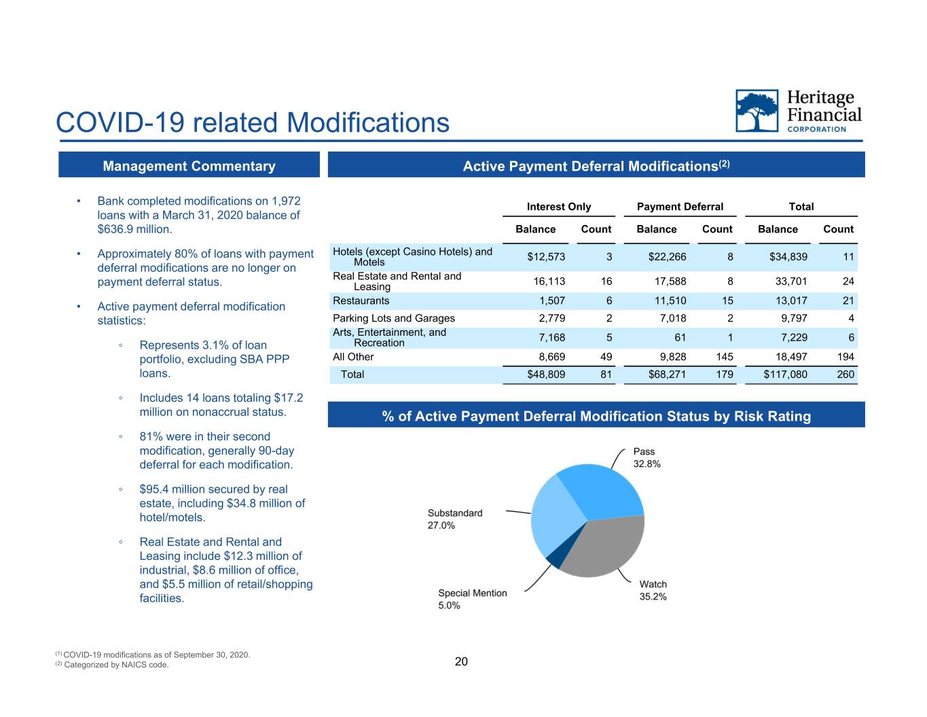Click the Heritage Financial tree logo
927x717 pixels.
click(x=757, y=111)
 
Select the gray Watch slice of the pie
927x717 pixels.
click(x=606, y=548)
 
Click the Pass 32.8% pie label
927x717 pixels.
click(x=647, y=458)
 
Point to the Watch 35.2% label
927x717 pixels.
click(x=653, y=590)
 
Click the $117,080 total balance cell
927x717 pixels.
click(x=785, y=374)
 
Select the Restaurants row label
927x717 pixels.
click(x=361, y=301)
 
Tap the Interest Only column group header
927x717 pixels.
click(x=559, y=207)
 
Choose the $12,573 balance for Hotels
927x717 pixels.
click(x=546, y=257)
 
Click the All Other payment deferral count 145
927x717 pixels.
click(x=725, y=357)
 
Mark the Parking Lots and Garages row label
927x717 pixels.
click(x=394, y=318)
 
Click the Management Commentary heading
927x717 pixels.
click(x=189, y=166)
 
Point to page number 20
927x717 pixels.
click(x=461, y=661)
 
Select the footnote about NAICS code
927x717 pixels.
click(x=112, y=665)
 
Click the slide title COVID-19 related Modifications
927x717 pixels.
click(x=253, y=123)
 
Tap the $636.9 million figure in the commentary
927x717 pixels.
click(x=134, y=230)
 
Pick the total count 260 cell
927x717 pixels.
click(x=846, y=374)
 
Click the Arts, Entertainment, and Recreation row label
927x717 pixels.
click(x=389, y=338)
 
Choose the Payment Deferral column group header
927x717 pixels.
click(x=680, y=207)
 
